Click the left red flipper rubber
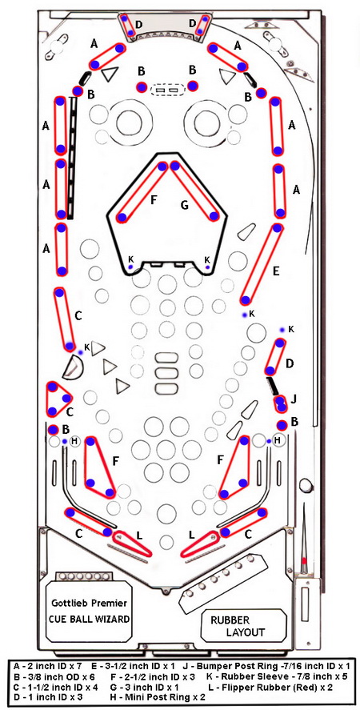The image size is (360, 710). coord(132,544)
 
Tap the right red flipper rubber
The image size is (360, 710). coord(200,544)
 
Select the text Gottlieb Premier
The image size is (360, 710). coord(90,603)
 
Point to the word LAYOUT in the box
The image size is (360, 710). coord(245,632)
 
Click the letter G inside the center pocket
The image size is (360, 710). coord(184,206)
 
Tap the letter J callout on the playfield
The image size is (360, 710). coord(294,399)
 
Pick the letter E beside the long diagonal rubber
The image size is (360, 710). coord(277,271)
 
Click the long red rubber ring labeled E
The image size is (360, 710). coord(262,264)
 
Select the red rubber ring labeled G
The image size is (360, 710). coord(194,191)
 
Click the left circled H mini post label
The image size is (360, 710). coord(74,441)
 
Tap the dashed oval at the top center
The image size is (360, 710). coord(167,90)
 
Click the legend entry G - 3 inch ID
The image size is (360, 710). coord(138,688)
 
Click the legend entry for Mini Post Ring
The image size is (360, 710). coord(150,698)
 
